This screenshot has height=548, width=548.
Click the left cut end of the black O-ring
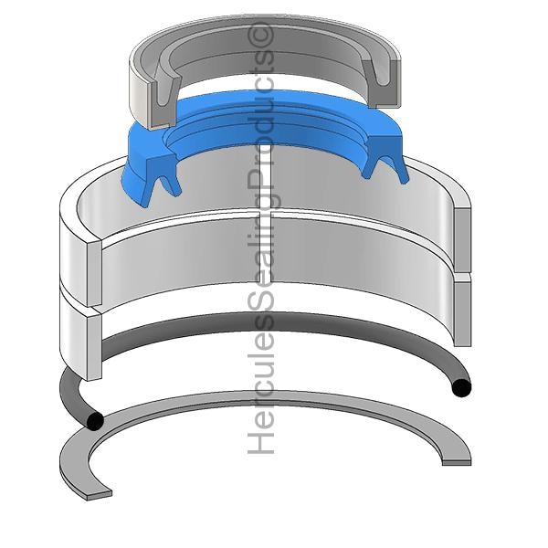point(95,421)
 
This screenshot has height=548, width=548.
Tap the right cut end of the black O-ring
point(461,388)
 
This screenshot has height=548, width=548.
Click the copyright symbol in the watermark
point(260,35)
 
